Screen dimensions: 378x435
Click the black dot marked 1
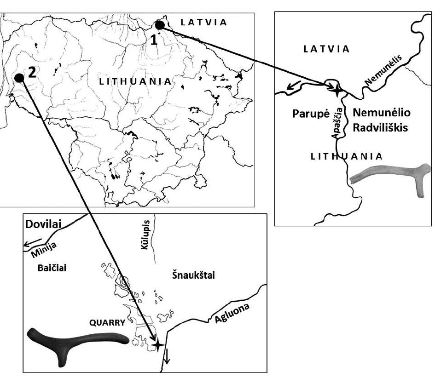[x=160, y=25]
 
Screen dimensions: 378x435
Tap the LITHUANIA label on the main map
[x=135, y=81]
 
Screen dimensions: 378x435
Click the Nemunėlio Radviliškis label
[x=380, y=120]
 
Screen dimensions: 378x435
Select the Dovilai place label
[x=43, y=225]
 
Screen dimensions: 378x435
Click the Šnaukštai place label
[x=193, y=275]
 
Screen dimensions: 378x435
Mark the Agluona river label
[x=231, y=314]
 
